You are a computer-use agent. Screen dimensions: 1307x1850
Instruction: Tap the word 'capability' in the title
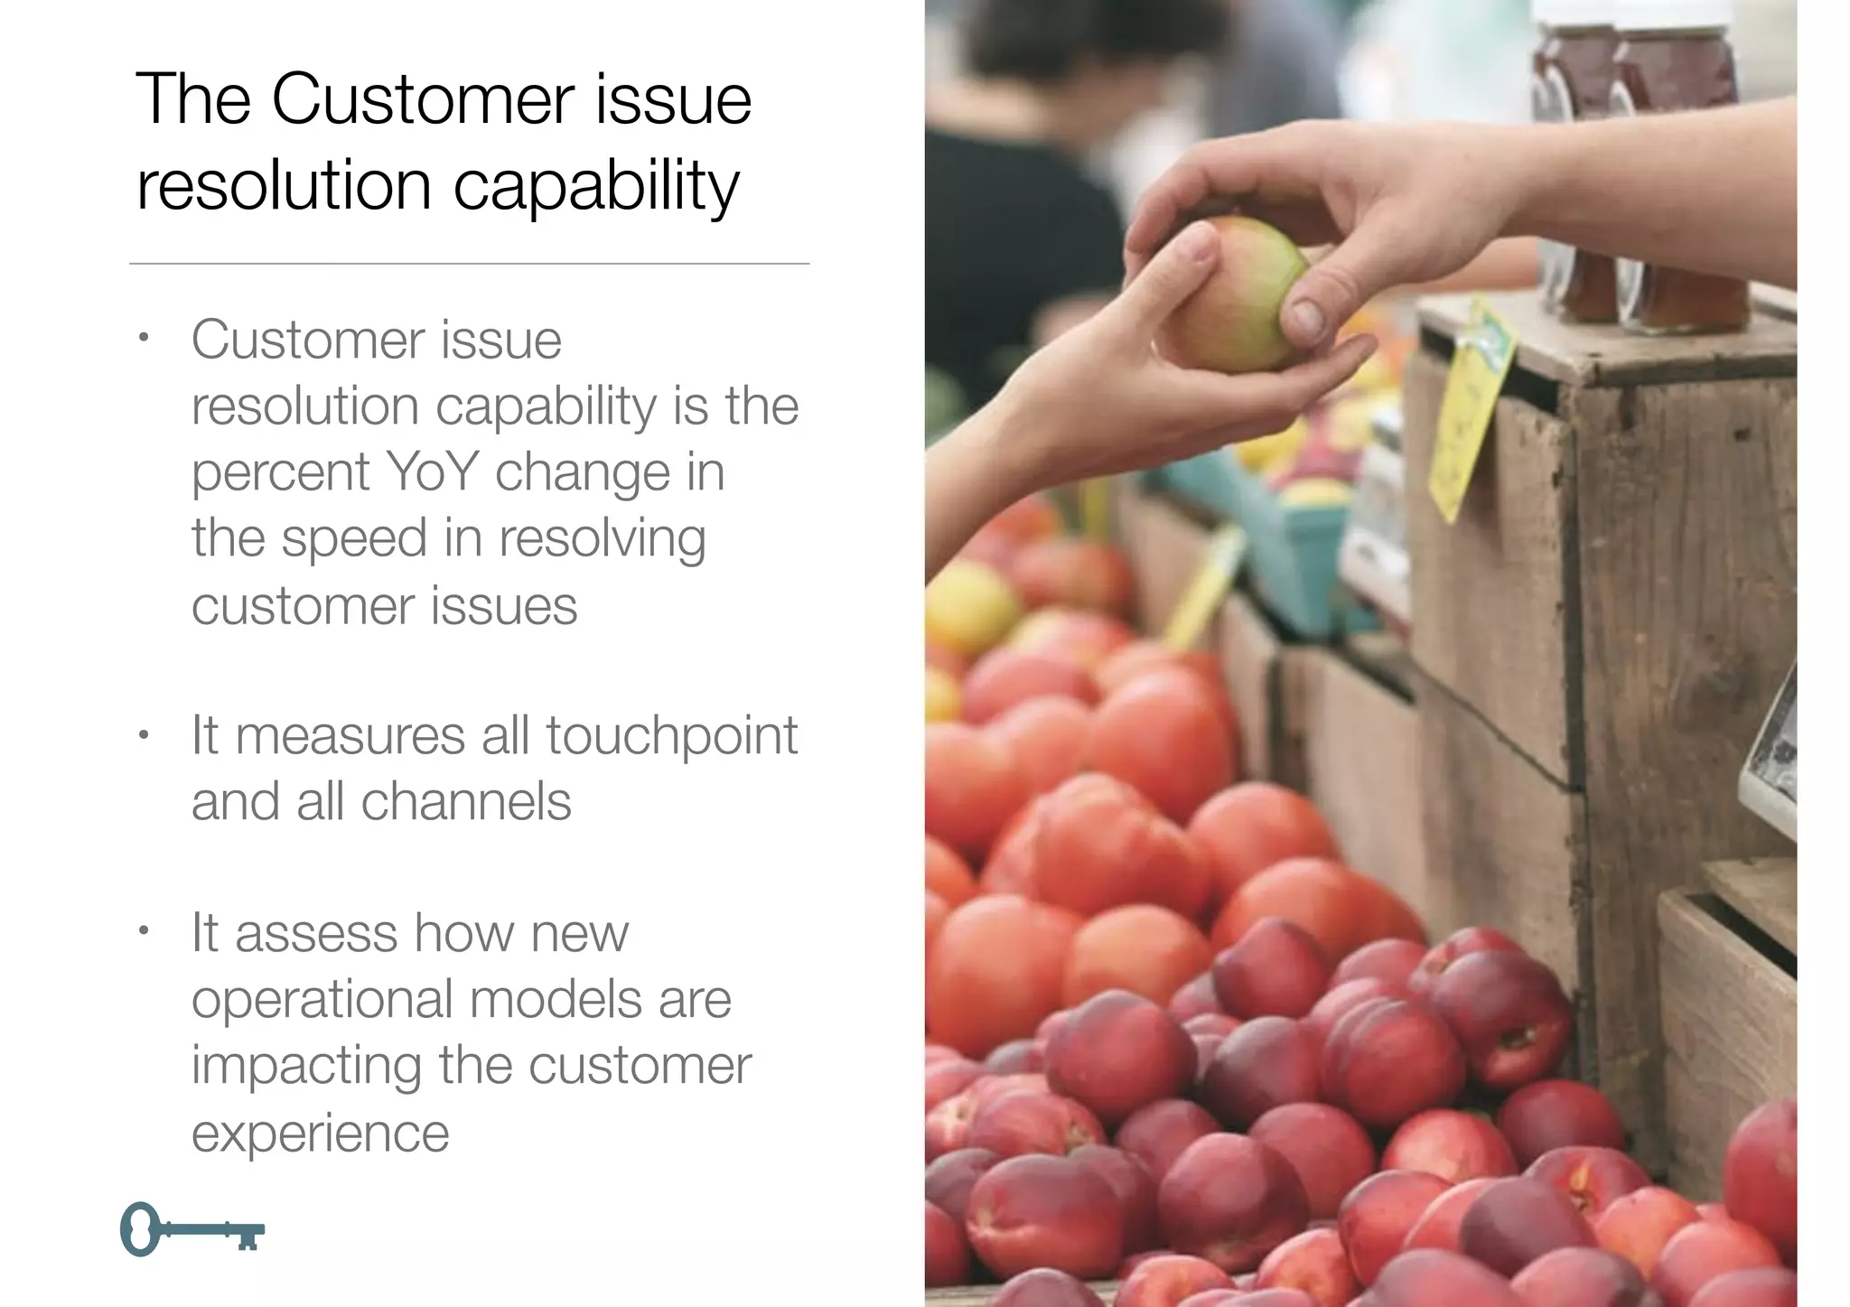pos(595,188)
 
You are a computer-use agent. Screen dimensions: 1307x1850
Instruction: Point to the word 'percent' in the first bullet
pos(281,473)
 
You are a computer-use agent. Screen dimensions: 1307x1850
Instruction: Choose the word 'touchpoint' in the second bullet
pos(671,736)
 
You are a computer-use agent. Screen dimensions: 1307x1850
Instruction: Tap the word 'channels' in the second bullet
pos(466,801)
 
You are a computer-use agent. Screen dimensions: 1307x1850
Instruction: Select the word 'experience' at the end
pos(320,1134)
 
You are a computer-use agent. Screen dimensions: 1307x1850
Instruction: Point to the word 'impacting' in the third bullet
pos(306,1067)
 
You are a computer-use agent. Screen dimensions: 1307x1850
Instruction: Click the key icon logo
pos(192,1228)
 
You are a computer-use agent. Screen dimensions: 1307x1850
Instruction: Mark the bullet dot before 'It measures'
pos(143,735)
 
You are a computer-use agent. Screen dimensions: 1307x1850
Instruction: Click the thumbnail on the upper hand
pos(1306,317)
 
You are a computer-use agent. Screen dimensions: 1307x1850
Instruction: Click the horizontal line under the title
pos(469,264)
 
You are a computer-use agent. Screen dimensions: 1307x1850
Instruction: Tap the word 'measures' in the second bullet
pos(350,736)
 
